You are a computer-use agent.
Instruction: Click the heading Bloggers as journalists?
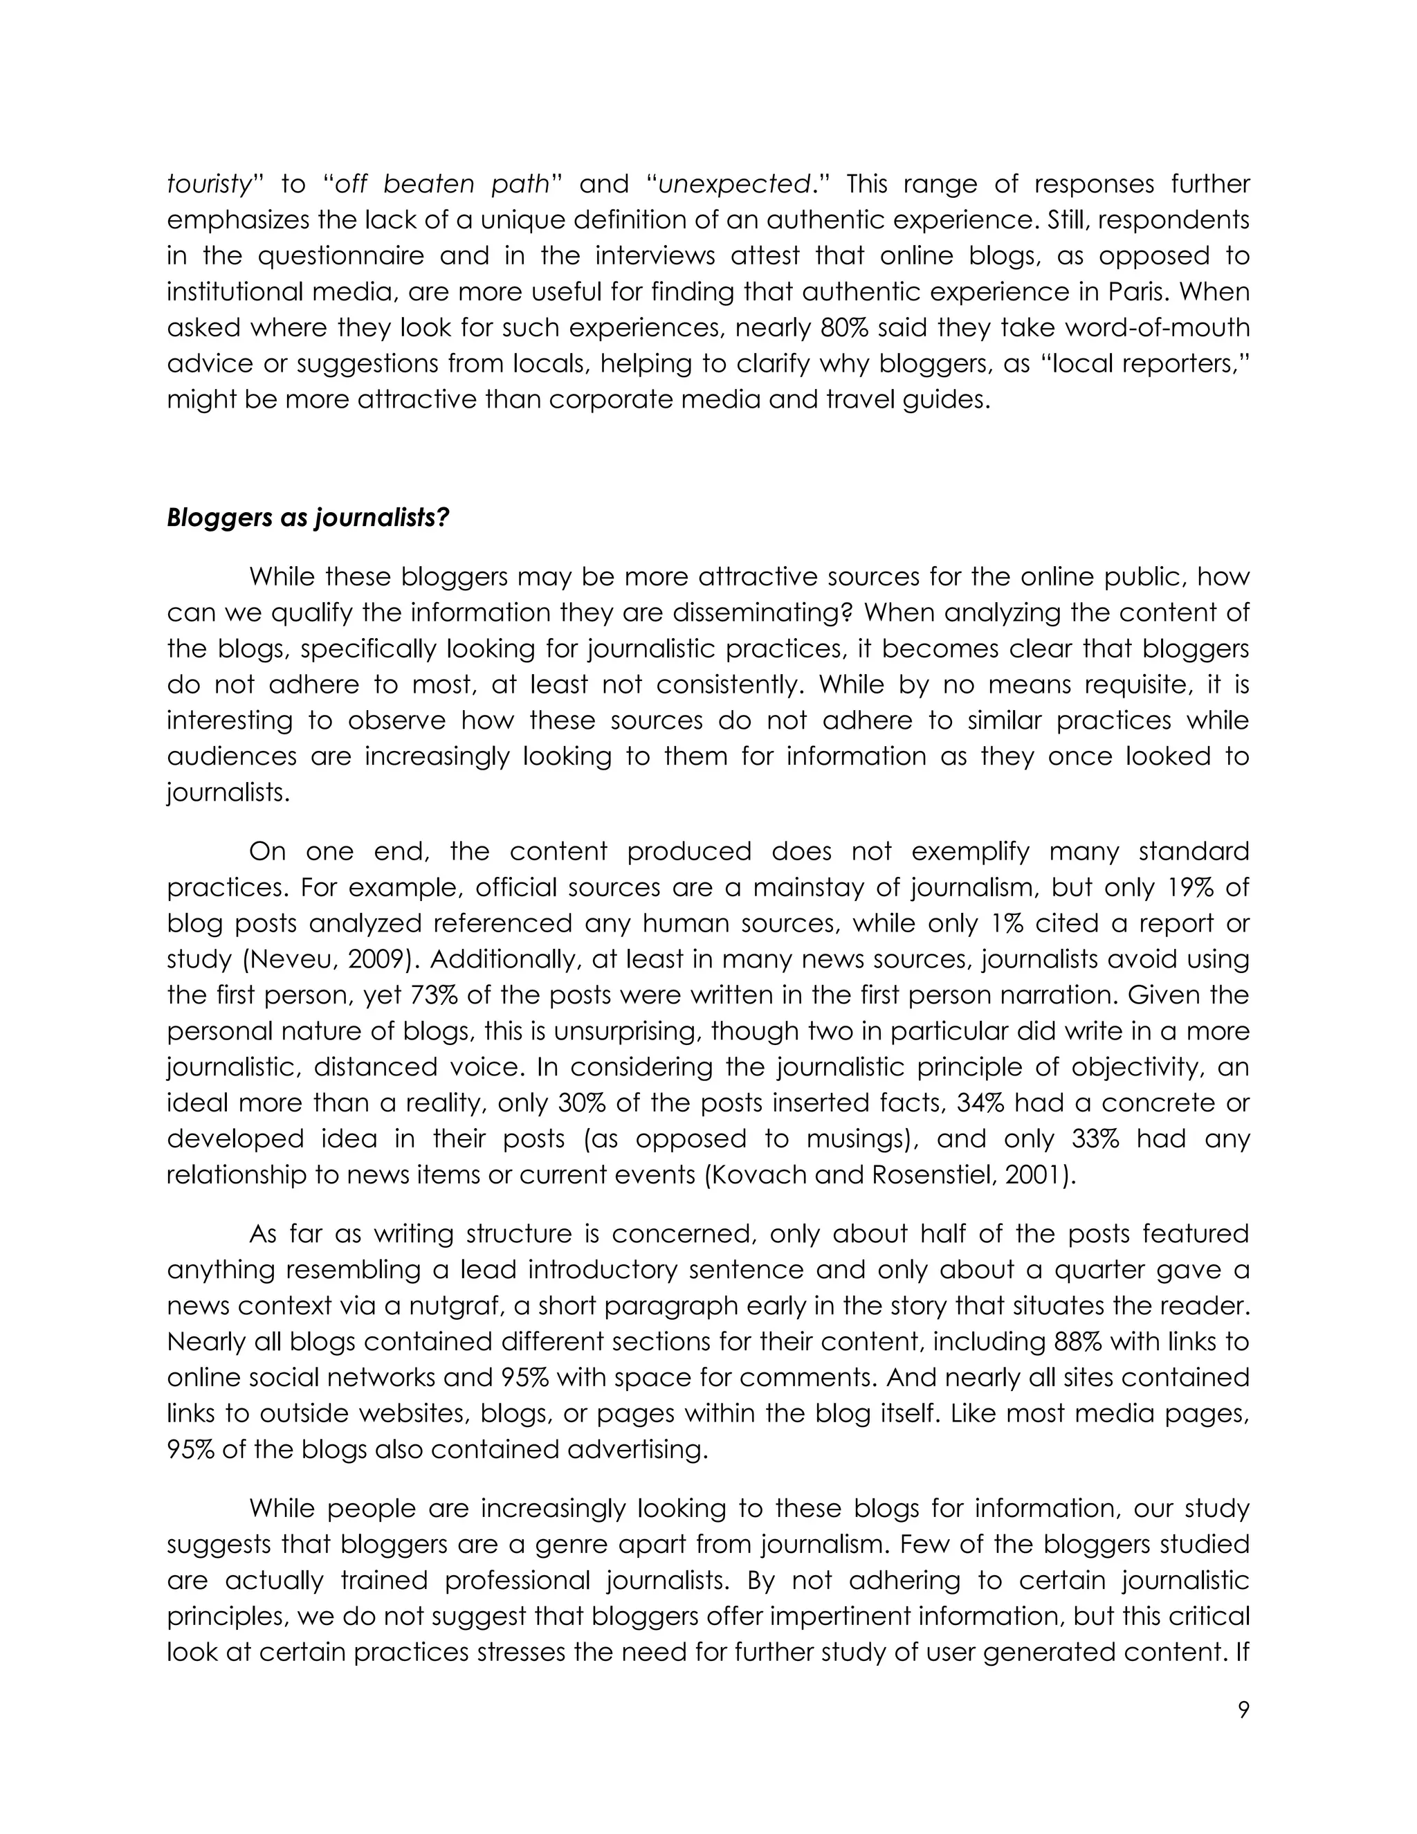coord(308,517)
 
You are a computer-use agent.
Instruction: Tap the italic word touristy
coord(209,184)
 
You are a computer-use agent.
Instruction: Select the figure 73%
coord(434,995)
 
